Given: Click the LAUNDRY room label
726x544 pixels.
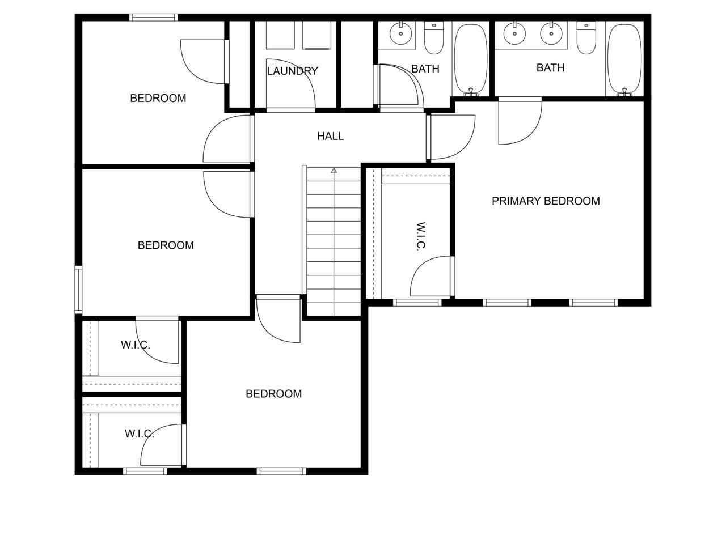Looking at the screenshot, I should click(292, 71).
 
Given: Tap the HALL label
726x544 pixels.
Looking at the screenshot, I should click(330, 137).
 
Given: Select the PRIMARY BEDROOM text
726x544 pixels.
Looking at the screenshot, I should click(546, 201).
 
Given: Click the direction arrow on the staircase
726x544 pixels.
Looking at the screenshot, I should click(334, 171).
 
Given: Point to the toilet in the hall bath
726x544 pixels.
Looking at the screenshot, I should click(434, 37).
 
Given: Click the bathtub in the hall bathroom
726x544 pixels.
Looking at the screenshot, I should click(470, 59).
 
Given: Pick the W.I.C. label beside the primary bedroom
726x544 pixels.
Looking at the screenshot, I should click(421, 236).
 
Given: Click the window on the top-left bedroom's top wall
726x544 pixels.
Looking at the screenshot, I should click(154, 18).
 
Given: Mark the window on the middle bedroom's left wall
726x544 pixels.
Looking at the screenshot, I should click(78, 290).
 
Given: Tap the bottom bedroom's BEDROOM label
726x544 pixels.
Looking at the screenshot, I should click(273, 394).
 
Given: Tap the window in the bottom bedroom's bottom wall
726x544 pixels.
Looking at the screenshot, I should click(281, 471).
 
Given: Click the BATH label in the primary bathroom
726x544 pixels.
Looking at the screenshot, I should click(550, 68).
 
